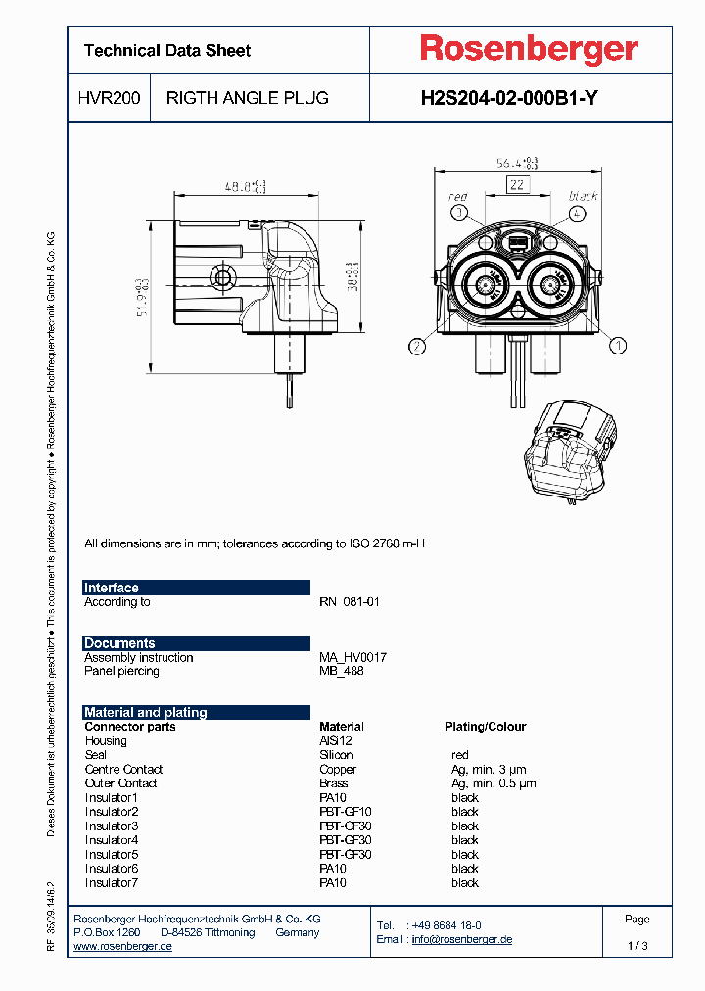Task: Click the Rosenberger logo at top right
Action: (x=529, y=49)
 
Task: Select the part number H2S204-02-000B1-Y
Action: (x=509, y=98)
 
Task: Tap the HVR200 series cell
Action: (x=109, y=98)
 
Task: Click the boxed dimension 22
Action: (x=518, y=184)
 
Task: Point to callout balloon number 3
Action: (x=459, y=212)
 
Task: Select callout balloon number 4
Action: (x=579, y=212)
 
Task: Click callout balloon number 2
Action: (x=418, y=345)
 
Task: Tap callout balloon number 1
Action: (x=618, y=345)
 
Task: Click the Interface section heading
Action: (x=112, y=588)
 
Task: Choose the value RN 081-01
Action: (x=349, y=602)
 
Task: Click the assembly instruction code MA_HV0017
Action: (x=352, y=658)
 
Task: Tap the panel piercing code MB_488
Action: (x=341, y=671)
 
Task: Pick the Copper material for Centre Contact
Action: (x=338, y=770)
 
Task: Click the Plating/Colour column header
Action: (x=485, y=727)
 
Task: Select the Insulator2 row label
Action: (x=112, y=812)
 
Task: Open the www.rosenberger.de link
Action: (x=123, y=946)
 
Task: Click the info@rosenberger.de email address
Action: (x=461, y=939)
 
